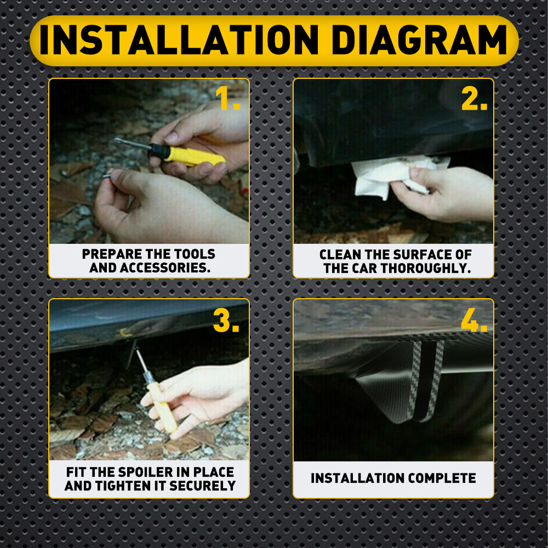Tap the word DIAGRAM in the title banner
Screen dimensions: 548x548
coord(419,40)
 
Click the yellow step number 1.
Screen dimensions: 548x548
coord(227,98)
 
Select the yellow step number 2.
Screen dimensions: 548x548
coord(474,98)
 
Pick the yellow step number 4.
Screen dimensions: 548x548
coord(474,321)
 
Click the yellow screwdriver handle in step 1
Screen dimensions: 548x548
coord(194,156)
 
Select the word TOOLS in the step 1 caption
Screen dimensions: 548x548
coord(195,254)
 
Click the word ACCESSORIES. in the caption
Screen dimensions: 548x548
coord(165,268)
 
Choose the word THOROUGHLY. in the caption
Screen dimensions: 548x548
coord(426,269)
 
